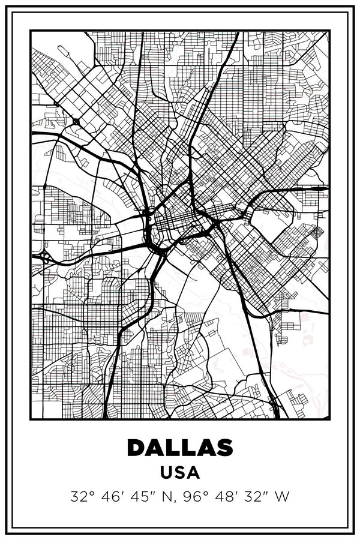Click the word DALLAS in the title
[x=180, y=448]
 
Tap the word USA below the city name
[x=180, y=472]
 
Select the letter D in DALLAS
[x=137, y=448]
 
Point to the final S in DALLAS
[x=224, y=448]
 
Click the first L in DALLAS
[x=173, y=448]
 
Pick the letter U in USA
[x=166, y=472]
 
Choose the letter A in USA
[x=193, y=472]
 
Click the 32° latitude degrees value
[x=82, y=497]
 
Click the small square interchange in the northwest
[x=76, y=122]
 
